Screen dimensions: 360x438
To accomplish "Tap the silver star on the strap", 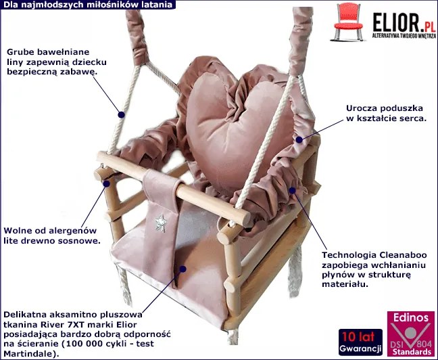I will tap(162, 220).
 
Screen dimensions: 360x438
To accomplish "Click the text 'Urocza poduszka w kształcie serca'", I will tap(385, 112).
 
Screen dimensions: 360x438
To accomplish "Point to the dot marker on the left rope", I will tap(122, 114).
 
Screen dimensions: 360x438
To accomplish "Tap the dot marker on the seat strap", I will tap(182, 269).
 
